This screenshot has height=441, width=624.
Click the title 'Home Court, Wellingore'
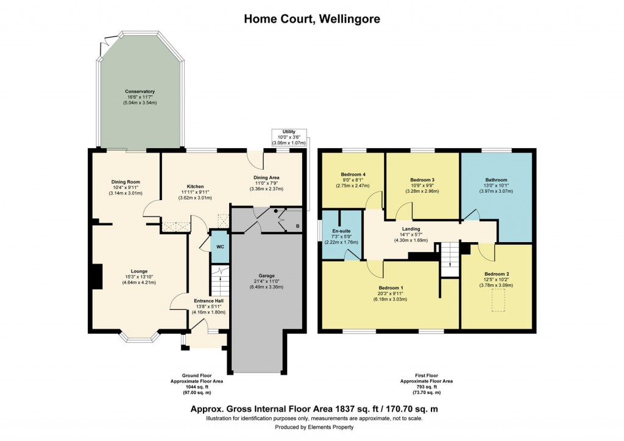coord(312,19)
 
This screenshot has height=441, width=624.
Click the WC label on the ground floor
coord(219,246)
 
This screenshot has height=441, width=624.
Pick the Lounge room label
coord(139,271)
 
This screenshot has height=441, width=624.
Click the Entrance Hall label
coord(209,300)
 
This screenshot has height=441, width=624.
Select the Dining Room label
coord(126,182)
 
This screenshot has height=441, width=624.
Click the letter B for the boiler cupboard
coord(297,226)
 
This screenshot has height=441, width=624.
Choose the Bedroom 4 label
coord(352,174)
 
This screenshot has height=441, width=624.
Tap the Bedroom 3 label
coord(422,180)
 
